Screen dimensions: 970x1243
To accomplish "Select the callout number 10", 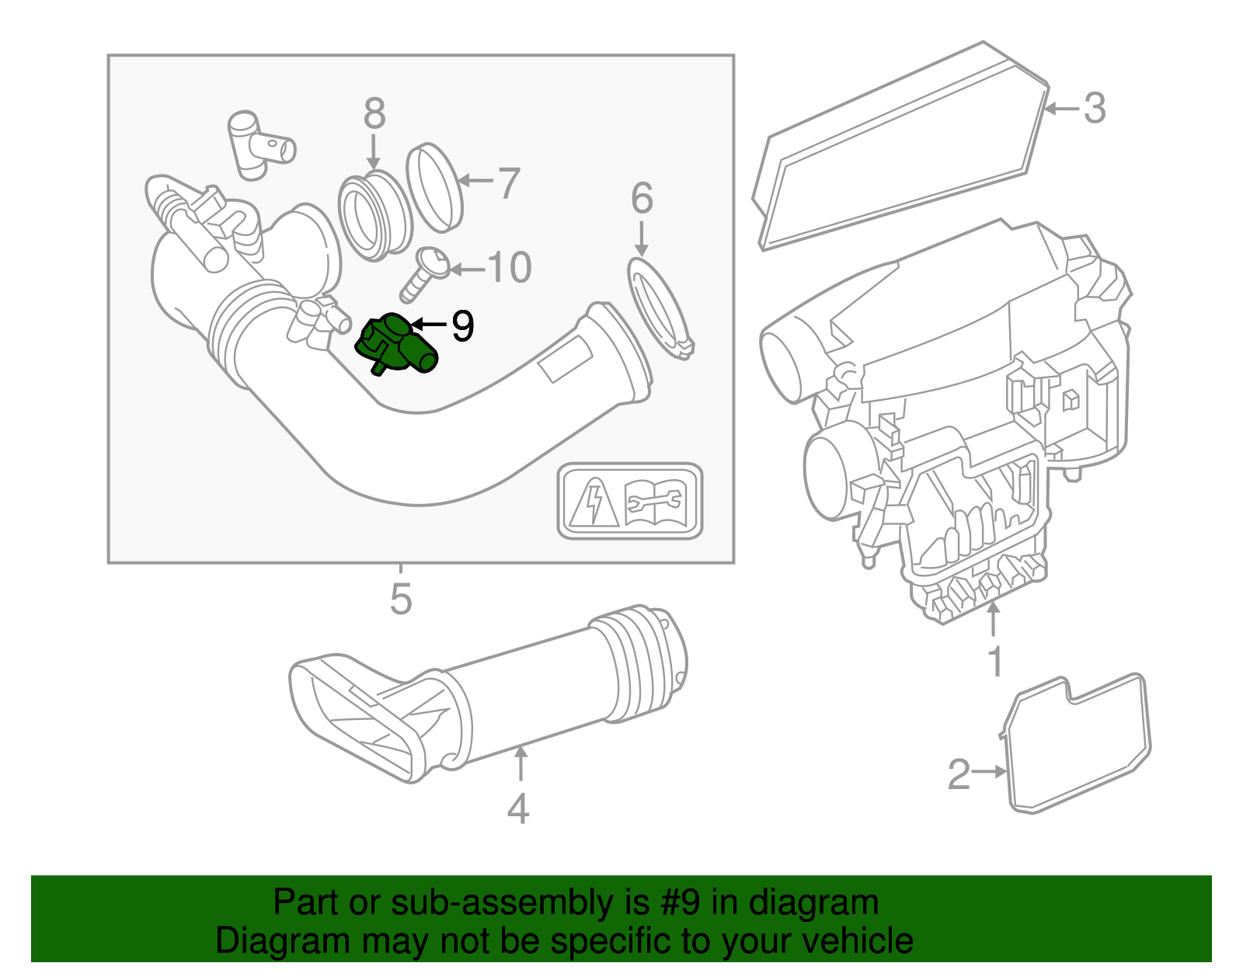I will pyautogui.click(x=510, y=268).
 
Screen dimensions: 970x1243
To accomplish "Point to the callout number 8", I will pyautogui.click(x=374, y=114).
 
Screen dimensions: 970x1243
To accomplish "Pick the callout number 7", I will pyautogui.click(x=508, y=183).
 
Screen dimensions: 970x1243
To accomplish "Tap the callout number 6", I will pyautogui.click(x=642, y=199).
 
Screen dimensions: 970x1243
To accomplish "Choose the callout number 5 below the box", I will pyautogui.click(x=401, y=600).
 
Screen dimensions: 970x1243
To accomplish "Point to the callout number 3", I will pyautogui.click(x=1095, y=108).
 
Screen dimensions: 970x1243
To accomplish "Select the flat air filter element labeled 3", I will pyautogui.click(x=901, y=148).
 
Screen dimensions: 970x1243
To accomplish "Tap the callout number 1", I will pyautogui.click(x=995, y=662).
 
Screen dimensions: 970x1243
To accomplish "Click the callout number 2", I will pyautogui.click(x=959, y=774).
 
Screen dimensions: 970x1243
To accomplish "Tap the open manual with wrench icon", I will pyautogui.click(x=654, y=502).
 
